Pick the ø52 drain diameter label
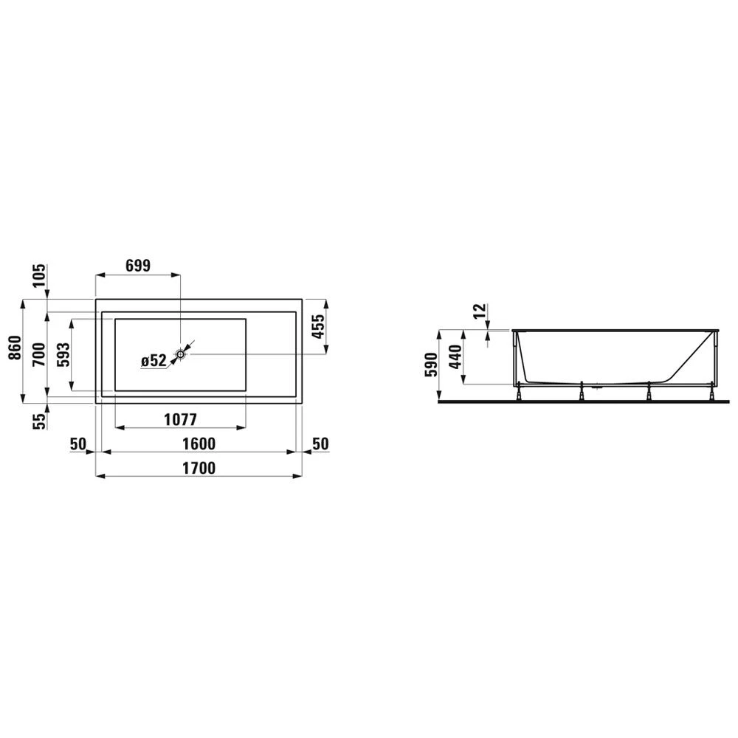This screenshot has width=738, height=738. click(154, 360)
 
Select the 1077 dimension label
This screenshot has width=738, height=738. click(179, 420)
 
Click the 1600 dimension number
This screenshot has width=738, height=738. click(199, 444)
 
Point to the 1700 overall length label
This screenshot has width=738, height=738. click(199, 468)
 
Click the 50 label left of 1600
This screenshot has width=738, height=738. click(79, 444)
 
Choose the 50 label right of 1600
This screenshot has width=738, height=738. click(320, 444)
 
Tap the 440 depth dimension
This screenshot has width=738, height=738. click(455, 356)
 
